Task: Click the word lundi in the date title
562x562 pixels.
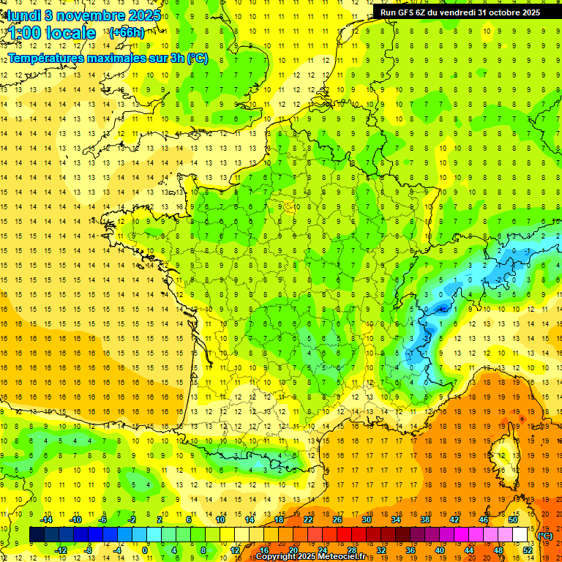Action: pyautogui.click(x=23, y=15)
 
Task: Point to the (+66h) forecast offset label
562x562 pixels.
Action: pyautogui.click(x=126, y=32)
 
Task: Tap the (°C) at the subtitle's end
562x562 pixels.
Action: pyautogui.click(x=197, y=58)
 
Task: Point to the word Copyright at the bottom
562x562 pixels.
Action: pyautogui.click(x=276, y=557)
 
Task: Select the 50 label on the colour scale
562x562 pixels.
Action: pyautogui.click(x=513, y=520)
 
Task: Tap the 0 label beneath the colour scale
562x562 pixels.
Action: pyautogui.click(x=145, y=550)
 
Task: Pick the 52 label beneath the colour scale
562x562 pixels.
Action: pyautogui.click(x=527, y=550)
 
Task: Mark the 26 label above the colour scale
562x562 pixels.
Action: pyautogui.click(x=337, y=520)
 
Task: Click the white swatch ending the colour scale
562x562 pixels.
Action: pyautogui.click(x=520, y=535)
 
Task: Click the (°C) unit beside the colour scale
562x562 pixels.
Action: pyautogui.click(x=544, y=535)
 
